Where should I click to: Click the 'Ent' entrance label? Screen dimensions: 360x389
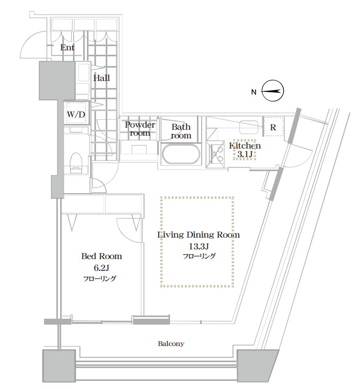point(67,47)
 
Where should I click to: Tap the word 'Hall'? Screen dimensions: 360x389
point(101,78)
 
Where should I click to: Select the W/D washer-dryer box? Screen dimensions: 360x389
point(76,113)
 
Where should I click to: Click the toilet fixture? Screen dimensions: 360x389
point(76,162)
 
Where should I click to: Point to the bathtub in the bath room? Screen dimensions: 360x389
point(181,154)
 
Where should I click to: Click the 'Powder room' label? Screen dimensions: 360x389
point(140,129)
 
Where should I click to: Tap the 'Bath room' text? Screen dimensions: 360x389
point(181,131)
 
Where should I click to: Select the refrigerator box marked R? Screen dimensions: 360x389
point(273,126)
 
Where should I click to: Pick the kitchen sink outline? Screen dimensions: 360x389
point(249,127)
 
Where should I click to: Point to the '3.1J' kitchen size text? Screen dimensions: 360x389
point(245,155)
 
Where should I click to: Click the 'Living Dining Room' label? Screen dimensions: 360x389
point(199,234)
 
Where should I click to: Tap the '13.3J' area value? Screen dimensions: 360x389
point(199,246)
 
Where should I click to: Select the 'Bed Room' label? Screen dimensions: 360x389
point(101,256)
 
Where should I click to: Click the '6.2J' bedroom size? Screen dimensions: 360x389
point(101,268)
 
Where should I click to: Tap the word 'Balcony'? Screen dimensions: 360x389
point(171,343)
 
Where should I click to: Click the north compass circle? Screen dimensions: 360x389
point(273,91)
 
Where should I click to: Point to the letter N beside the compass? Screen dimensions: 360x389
point(253,92)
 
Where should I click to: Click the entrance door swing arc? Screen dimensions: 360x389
point(27,43)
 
